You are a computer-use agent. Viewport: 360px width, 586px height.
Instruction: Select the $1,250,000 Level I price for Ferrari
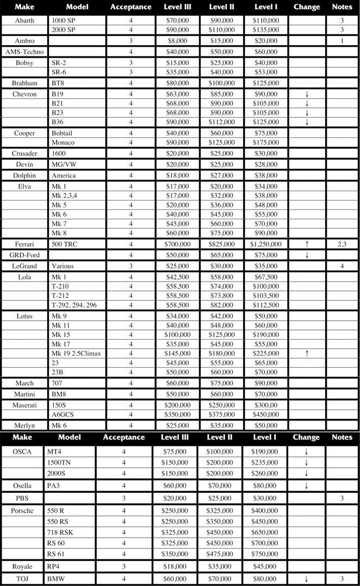pos(266,245)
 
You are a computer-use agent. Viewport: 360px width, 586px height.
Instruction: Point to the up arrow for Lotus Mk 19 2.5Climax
pos(307,354)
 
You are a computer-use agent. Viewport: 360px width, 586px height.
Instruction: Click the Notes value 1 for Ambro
pos(342,41)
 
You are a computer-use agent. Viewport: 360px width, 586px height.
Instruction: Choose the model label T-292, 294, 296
pos(74,305)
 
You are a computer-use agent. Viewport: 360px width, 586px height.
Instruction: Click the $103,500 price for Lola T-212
pos(266,296)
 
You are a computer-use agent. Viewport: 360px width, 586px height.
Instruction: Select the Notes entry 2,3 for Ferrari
pos(342,245)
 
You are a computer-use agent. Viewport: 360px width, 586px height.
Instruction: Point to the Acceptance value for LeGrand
pos(131,266)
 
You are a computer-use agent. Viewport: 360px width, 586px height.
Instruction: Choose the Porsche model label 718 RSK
pos(60,532)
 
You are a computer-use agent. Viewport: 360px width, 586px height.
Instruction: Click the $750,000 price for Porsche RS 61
pos(266,554)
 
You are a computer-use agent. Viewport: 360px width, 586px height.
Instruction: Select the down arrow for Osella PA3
pos(306,486)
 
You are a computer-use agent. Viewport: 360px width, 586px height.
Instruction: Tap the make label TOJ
pos(22,579)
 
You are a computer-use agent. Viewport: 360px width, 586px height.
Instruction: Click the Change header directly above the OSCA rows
pos(306,437)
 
